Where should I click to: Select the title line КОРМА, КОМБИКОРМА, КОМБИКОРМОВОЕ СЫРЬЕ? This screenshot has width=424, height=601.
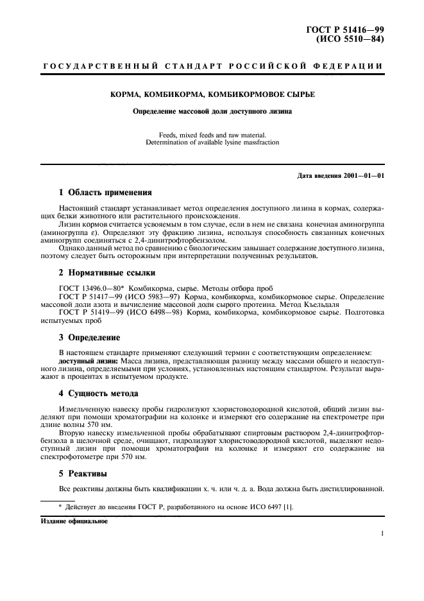click(212, 94)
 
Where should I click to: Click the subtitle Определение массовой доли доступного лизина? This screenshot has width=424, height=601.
click(212, 111)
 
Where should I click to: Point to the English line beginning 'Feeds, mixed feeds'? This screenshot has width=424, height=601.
click(212, 135)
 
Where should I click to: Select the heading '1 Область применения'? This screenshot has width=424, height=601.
click(105, 191)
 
